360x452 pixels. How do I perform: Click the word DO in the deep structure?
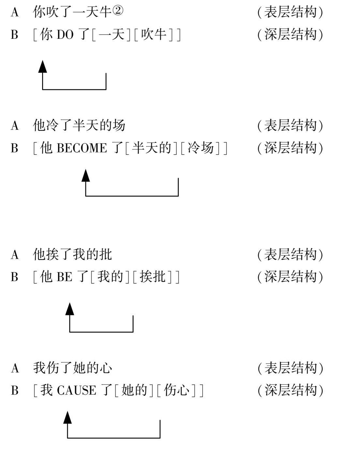click(x=65, y=35)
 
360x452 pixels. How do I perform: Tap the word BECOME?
click(x=82, y=148)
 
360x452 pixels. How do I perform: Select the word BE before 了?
click(x=65, y=277)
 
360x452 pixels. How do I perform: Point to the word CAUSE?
click(x=76, y=390)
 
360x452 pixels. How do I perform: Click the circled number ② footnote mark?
click(x=118, y=10)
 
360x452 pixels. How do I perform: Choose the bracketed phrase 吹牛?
click(x=154, y=35)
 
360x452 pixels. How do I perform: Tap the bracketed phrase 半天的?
click(x=151, y=148)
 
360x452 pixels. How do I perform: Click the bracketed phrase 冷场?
click(x=201, y=148)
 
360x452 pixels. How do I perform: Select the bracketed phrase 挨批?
click(x=153, y=277)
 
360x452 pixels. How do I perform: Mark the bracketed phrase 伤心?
click(x=176, y=390)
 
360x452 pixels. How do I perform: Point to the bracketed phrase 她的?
click(x=134, y=390)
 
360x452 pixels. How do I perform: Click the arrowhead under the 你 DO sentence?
click(x=43, y=67)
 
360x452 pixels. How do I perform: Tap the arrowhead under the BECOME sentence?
click(x=86, y=175)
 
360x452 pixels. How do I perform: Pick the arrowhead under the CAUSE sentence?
click(x=67, y=417)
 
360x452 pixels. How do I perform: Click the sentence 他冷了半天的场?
click(x=79, y=125)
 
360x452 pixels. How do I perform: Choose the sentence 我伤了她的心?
click(x=72, y=368)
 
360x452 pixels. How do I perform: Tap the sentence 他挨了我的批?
click(x=72, y=254)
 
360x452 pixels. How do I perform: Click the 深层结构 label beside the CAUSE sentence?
click(x=291, y=390)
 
